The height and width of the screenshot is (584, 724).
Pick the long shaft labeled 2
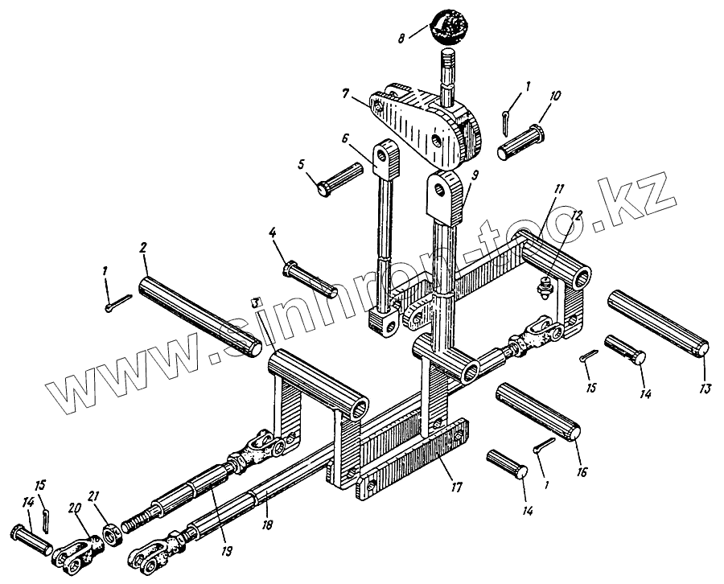click(x=200, y=314)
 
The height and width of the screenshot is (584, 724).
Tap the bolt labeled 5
click(x=345, y=179)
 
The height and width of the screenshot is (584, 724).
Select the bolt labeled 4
click(x=310, y=276)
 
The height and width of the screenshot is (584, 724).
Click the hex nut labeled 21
click(x=107, y=531)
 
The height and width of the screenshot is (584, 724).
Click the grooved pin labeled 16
click(x=537, y=413)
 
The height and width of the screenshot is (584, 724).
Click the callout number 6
click(x=344, y=138)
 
